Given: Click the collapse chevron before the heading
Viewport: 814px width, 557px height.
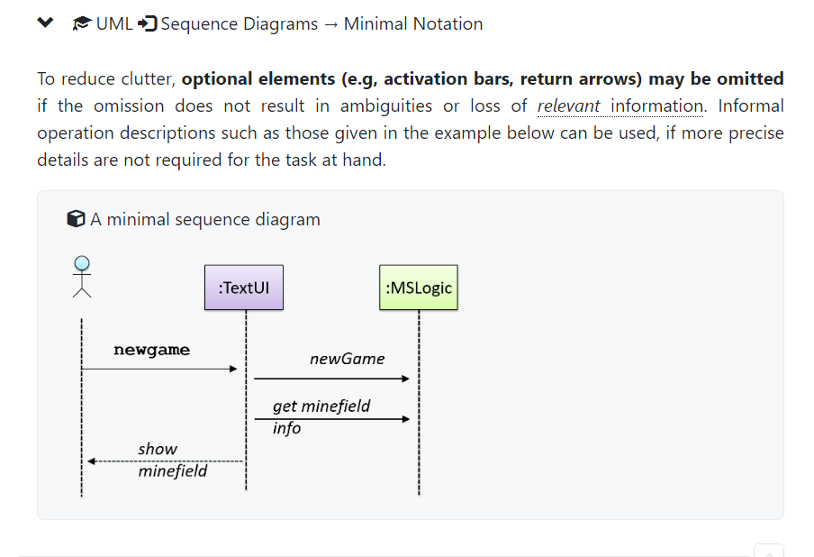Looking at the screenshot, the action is (x=46, y=23).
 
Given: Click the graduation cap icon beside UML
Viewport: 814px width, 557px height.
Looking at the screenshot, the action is (x=82, y=23).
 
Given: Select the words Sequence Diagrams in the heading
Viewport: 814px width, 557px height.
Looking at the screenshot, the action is (x=239, y=24).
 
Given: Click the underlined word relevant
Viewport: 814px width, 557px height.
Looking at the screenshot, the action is (x=569, y=106).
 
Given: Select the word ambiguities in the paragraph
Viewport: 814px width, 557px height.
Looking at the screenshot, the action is (x=387, y=106).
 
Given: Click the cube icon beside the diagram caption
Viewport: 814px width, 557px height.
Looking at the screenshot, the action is (x=77, y=219).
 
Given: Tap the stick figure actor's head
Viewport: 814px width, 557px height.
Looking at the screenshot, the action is (x=82, y=263).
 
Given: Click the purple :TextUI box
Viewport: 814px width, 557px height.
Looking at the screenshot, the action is (x=244, y=288).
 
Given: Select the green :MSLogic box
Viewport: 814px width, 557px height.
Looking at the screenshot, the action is (x=419, y=288).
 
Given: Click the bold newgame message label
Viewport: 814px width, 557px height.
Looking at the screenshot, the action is (x=151, y=350).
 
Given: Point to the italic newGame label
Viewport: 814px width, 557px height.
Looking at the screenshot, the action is (x=347, y=359).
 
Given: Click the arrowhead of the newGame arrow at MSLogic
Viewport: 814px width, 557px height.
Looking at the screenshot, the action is (x=406, y=379).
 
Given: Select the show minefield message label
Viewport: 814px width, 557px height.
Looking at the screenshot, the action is (x=172, y=460).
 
